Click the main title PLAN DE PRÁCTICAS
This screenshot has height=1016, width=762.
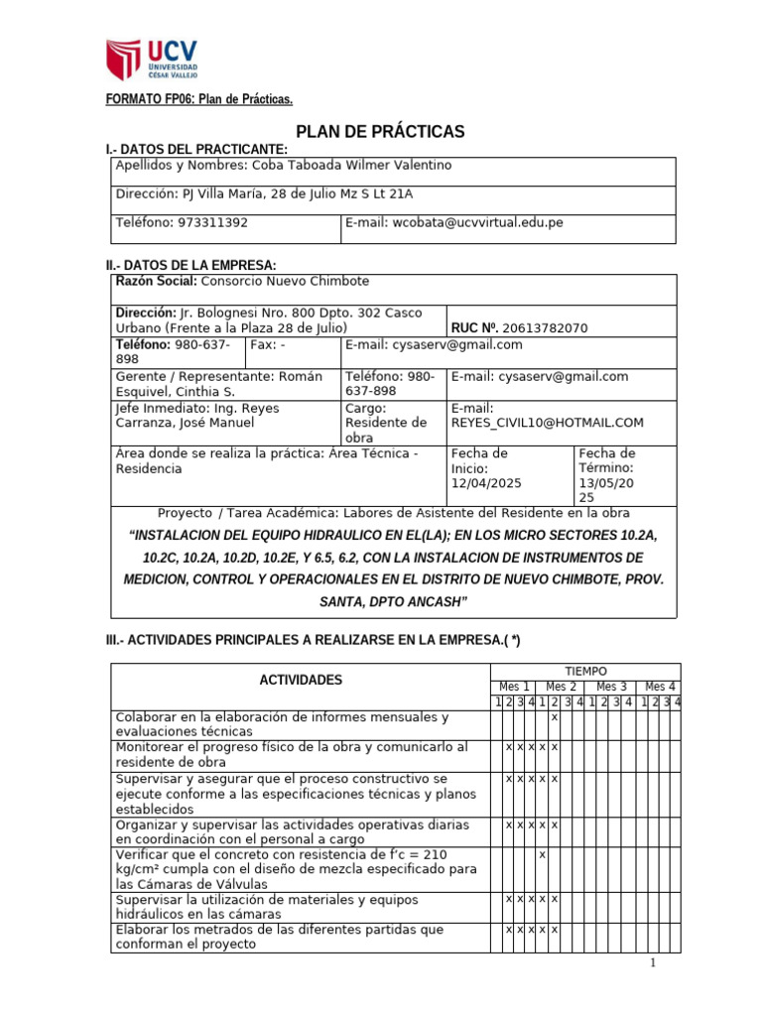coord(381,132)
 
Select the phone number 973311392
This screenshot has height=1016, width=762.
coord(212,223)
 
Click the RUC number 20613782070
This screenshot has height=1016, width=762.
coord(545,327)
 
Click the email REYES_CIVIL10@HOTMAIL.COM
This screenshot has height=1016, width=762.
coord(547,423)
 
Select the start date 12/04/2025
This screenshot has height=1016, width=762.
coord(486,483)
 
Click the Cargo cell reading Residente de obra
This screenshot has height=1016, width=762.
coord(386,423)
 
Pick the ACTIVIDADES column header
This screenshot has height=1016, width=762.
coord(301,681)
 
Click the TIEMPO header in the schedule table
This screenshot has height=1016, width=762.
coord(585,672)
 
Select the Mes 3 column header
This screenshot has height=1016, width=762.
coord(611,687)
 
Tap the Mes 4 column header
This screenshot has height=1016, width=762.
coord(660,687)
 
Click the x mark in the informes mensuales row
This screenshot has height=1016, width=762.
coord(554,716)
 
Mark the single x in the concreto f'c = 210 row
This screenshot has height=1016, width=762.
coord(542,854)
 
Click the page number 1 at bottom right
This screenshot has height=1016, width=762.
coord(653,963)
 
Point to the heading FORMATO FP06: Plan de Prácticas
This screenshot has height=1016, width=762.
coord(199,99)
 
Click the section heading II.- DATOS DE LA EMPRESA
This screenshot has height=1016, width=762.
coord(191,265)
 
